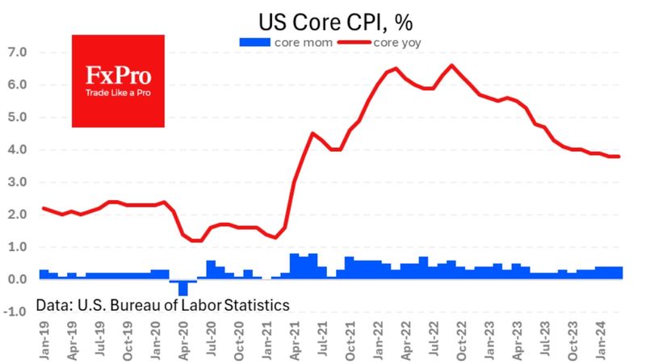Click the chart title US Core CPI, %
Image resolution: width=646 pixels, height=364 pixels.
[x=335, y=23]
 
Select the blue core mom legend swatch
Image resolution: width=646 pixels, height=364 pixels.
[x=254, y=43]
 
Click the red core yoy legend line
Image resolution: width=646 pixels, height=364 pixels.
[x=354, y=43]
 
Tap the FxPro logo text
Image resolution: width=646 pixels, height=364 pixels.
[x=118, y=75]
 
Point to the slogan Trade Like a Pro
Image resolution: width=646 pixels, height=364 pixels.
[x=118, y=93]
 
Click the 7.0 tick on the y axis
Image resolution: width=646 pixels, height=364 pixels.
[x=17, y=52]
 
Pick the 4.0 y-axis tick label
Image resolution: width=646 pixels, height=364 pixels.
[x=17, y=149]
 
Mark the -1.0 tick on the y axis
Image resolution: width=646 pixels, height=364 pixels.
[x=15, y=312]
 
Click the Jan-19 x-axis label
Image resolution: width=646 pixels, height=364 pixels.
[x=44, y=341]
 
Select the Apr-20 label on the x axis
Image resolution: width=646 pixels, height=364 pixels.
[x=183, y=341]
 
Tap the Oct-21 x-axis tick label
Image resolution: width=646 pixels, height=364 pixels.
[x=350, y=341]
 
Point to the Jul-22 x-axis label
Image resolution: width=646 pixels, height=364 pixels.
[x=434, y=341]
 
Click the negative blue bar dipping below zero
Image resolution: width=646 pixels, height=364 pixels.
[x=183, y=287]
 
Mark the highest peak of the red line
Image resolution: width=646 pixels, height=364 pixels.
[x=452, y=65]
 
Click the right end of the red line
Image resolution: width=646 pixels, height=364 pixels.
[x=619, y=156]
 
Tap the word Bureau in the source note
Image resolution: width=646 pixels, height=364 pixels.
[x=132, y=305]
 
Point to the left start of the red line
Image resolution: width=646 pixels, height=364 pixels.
[x=44, y=208]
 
